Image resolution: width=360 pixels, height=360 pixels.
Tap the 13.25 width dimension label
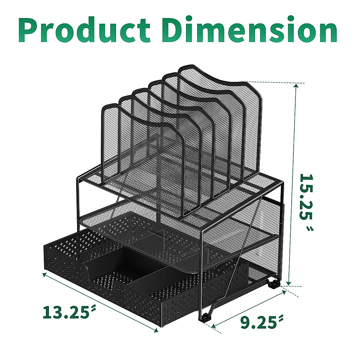(x=66, y=312)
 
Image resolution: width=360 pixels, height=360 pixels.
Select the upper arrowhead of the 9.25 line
(x=283, y=290)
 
